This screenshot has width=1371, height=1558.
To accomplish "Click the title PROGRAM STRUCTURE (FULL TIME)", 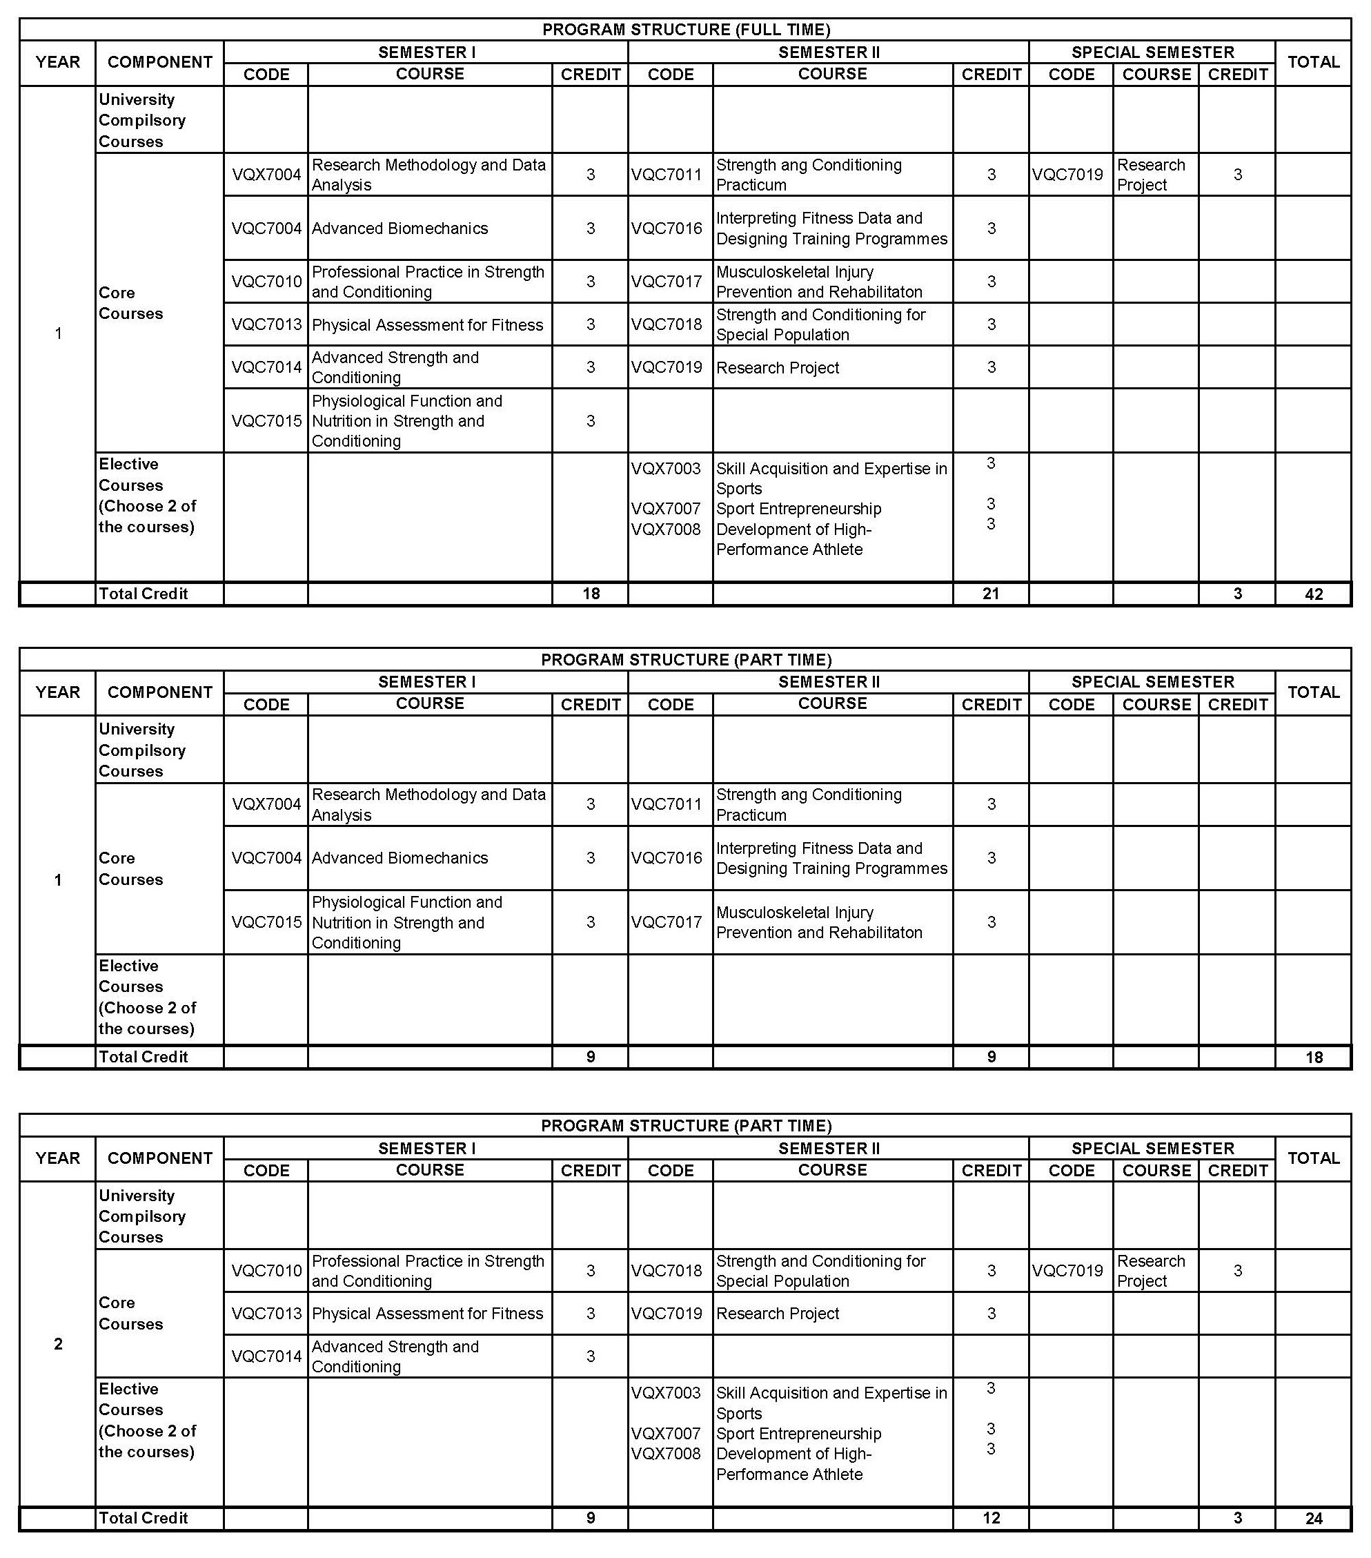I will tap(685, 30).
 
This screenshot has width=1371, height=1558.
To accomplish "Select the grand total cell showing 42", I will tap(1313, 594).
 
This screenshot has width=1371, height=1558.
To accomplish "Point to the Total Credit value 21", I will tap(990, 594).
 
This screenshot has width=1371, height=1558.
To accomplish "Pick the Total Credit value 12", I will tap(990, 1517).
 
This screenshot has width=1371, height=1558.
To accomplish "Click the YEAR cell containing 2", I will tap(58, 1343).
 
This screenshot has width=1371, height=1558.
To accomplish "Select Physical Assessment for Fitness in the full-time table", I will tap(427, 324).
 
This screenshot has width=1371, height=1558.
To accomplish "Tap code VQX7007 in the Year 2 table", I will tap(665, 1433).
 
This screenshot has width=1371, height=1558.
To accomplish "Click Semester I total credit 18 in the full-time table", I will tap(591, 594).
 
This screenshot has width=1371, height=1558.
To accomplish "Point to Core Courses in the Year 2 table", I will tap(130, 1312).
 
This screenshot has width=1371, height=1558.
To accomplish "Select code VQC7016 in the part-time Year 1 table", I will tap(666, 857).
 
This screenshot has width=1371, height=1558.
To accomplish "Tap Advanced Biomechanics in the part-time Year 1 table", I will tap(400, 857).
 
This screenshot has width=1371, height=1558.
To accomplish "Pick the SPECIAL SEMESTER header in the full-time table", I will tap(1152, 52).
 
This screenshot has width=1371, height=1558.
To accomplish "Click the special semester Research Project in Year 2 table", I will tap(1151, 1271).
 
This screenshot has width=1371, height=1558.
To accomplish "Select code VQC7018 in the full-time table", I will tap(666, 324).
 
